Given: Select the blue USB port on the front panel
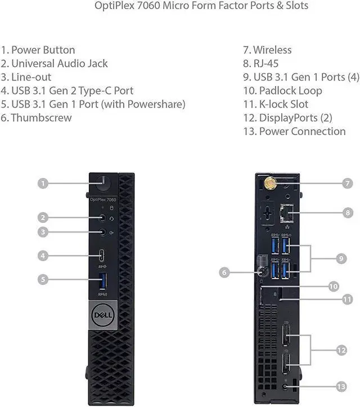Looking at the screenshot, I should point(102,280).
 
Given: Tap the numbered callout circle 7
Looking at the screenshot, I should point(348,183).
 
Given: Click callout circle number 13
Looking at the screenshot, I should point(341,386).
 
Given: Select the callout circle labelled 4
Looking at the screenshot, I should point(42,256).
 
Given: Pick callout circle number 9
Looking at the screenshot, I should point(341,259).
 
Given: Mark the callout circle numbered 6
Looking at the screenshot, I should point(224,272).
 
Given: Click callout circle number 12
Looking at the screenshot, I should point(341,350).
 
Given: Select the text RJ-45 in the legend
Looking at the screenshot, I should point(268,64).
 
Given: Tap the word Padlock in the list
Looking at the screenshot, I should point(280,91).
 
